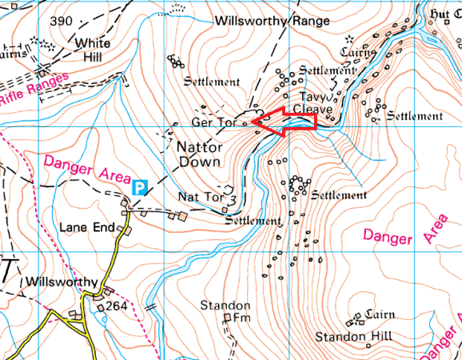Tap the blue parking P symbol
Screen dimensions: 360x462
tap(141, 187)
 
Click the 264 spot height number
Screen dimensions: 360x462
tap(117, 306)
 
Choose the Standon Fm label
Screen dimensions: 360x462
tap(225, 312)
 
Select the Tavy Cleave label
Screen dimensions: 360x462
tap(309, 102)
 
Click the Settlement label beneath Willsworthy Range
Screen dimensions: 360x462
tap(211, 82)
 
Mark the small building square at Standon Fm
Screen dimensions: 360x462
tap(227, 318)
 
